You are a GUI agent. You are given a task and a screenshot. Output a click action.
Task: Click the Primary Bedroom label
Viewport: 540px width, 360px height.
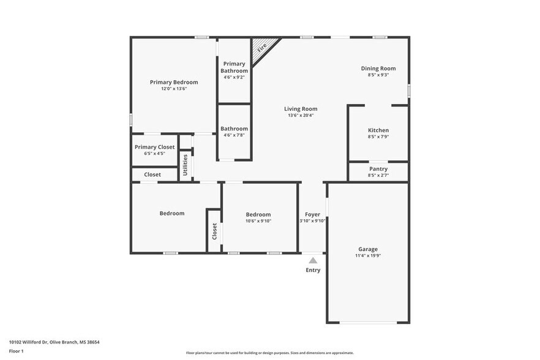point(174,82)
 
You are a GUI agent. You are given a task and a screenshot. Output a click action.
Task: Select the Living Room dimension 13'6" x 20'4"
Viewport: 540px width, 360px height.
point(300,116)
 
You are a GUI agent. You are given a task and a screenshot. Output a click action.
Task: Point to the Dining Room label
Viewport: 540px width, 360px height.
point(378,69)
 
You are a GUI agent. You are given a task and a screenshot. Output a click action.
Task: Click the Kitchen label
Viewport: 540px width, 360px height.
point(378,130)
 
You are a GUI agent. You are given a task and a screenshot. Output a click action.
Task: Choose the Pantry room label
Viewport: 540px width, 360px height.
point(378,169)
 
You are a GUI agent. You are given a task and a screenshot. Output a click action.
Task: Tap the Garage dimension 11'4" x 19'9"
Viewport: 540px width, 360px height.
point(367,256)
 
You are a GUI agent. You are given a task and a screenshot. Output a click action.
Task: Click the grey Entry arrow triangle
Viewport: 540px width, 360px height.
point(313,260)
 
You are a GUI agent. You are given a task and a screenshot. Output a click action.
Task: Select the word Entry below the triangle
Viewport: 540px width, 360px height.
point(313,270)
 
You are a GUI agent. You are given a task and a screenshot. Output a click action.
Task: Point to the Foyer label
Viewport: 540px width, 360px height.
point(312,214)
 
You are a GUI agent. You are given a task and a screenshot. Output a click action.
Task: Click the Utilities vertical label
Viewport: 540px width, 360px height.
point(186,165)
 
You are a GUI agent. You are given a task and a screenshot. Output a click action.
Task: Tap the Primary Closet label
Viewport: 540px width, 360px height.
point(154,147)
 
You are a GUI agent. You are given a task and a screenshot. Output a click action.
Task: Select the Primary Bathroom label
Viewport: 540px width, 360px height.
point(234,67)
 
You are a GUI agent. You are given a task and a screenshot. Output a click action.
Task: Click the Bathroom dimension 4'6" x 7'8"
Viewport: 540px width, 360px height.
point(234,135)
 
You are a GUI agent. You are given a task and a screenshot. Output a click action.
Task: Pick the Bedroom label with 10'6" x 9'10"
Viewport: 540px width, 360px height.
point(258,214)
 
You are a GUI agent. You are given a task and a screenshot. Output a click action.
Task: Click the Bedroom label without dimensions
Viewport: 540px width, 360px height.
point(171,213)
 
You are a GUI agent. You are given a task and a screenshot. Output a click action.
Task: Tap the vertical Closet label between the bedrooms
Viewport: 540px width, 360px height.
point(214,231)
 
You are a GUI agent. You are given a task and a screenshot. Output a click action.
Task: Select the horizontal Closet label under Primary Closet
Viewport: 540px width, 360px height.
point(152,174)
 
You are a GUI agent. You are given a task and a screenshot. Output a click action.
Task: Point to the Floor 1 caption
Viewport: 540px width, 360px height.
point(16,351)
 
